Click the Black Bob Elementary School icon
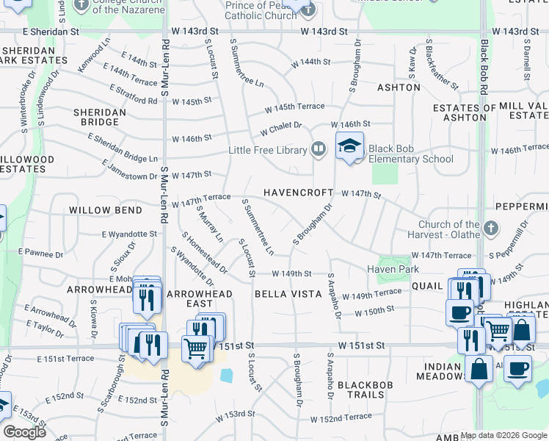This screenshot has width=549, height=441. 350,145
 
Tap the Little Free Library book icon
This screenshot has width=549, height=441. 318,149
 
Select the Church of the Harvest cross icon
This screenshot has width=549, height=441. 491,228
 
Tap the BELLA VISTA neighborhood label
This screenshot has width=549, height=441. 288,294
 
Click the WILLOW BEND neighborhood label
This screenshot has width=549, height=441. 105,210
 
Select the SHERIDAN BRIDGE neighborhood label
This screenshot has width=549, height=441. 97,117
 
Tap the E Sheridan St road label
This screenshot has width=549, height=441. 51,32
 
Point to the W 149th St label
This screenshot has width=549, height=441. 292,273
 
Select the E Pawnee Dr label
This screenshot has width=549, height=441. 43,253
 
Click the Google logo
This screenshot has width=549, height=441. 24,432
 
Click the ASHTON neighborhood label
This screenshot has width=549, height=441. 399,87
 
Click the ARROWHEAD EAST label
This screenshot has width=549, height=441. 200,298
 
